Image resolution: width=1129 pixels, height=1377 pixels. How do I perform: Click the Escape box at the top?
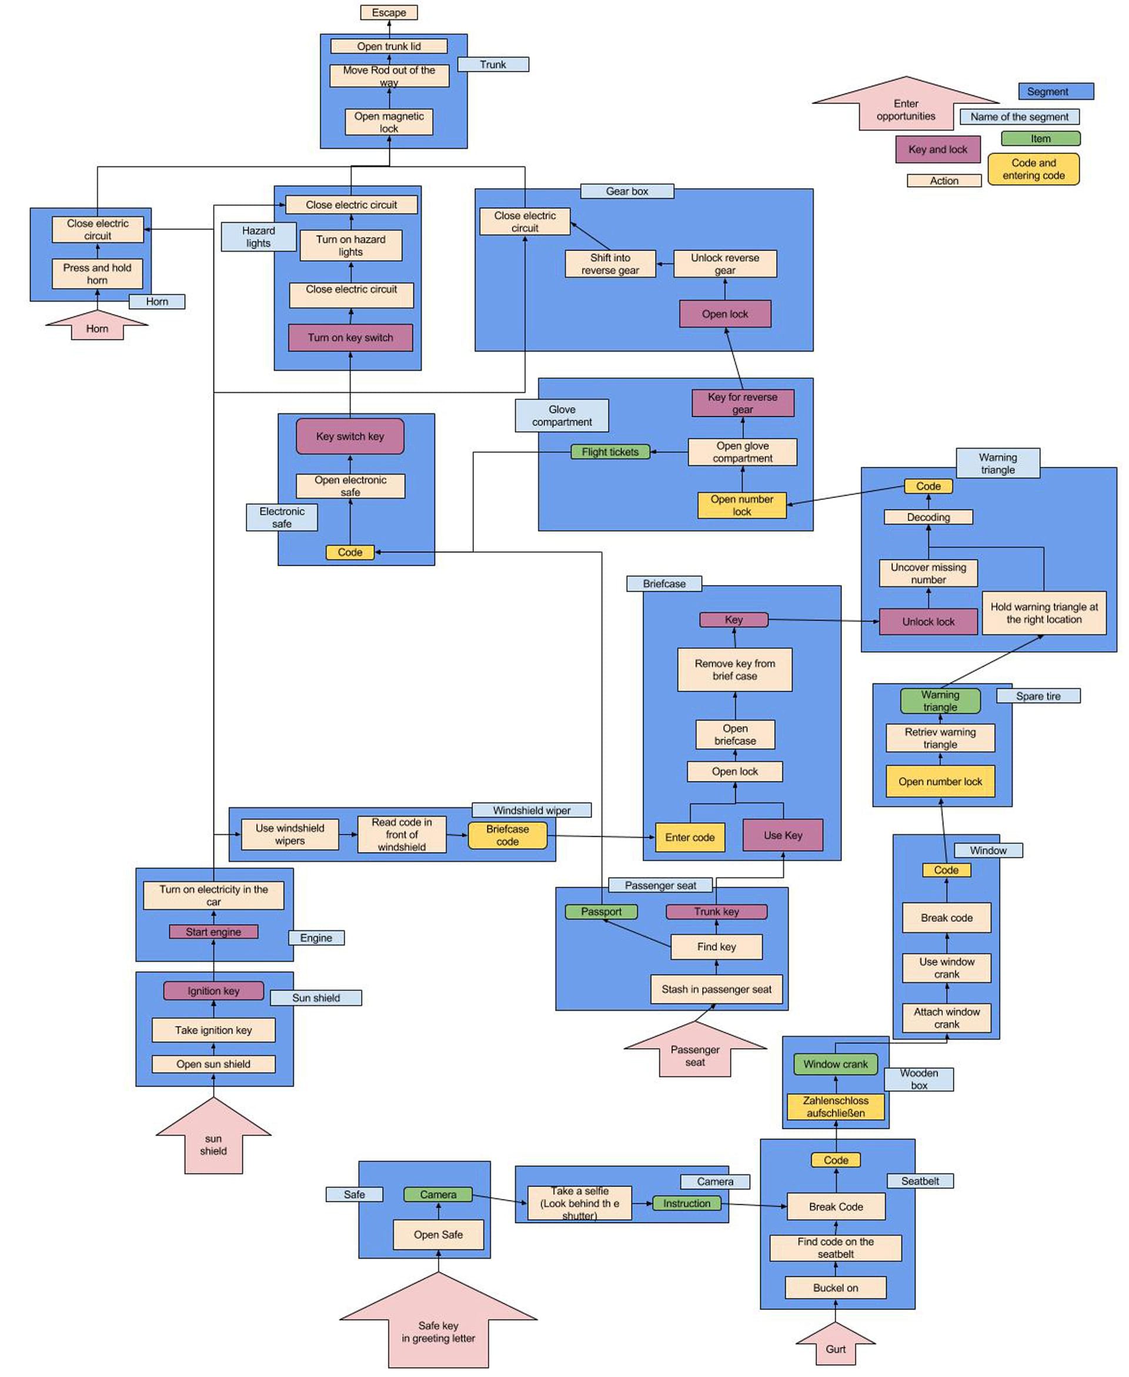point(389,12)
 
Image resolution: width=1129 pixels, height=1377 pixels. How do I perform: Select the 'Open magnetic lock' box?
point(389,122)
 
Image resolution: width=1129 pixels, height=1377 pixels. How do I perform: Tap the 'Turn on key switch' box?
point(350,337)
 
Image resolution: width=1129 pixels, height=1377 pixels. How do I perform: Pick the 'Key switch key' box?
point(350,436)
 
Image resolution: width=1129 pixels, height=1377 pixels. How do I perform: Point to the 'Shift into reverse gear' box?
point(610,264)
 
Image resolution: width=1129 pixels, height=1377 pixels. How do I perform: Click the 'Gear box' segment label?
point(627,191)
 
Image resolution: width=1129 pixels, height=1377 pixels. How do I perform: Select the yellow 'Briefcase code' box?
point(507,835)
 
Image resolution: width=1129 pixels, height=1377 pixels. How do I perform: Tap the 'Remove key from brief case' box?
point(735,670)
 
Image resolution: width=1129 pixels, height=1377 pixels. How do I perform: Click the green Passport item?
point(601,911)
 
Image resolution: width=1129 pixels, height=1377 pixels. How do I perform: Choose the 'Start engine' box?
point(213,932)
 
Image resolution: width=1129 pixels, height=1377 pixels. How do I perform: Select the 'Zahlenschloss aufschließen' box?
point(836,1107)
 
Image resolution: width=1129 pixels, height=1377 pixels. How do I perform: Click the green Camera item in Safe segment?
point(437,1194)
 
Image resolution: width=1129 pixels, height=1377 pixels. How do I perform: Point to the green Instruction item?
point(687,1204)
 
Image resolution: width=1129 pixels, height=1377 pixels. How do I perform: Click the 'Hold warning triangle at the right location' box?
point(1044,613)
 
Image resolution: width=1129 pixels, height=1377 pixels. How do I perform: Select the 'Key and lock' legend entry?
point(937,149)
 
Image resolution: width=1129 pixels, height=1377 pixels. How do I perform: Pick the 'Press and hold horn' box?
point(98,274)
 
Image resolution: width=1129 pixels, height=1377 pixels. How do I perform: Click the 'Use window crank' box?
point(946,967)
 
